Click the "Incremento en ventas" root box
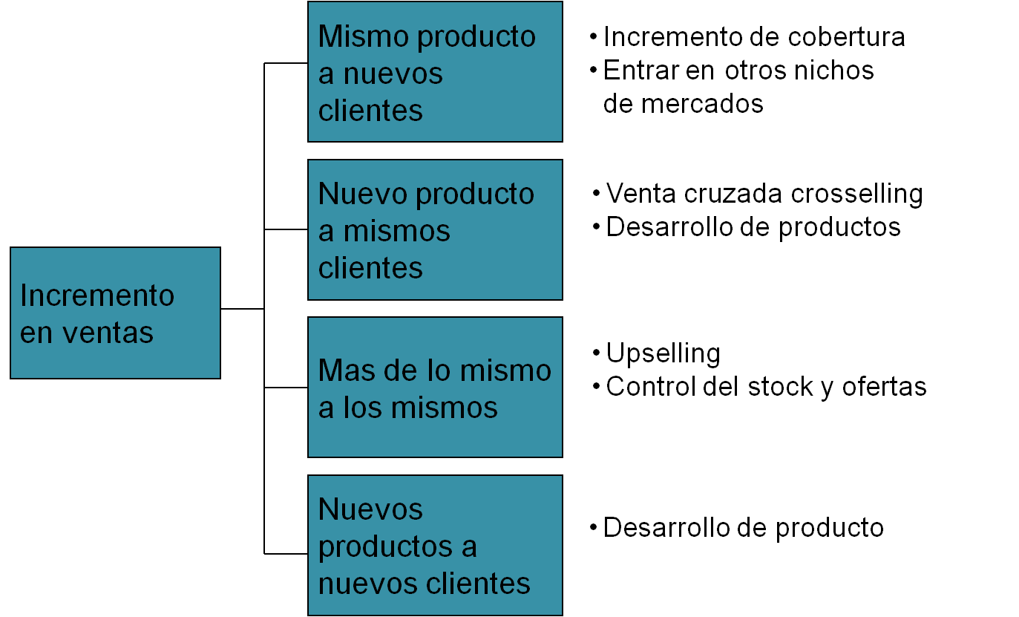point(115,313)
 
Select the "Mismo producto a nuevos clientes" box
point(435,72)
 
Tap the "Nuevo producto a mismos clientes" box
point(435,229)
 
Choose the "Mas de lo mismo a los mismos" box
point(435,387)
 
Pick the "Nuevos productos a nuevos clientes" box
point(435,545)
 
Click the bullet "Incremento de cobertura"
point(753,37)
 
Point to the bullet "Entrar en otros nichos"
point(738,71)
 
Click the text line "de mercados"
point(683,103)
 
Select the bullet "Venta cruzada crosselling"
point(764,194)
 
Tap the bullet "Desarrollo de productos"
point(753,226)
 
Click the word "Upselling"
point(663,354)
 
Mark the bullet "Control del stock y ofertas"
point(766,387)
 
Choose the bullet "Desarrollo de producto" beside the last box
point(743,528)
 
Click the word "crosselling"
point(856,194)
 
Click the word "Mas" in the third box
point(341,370)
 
